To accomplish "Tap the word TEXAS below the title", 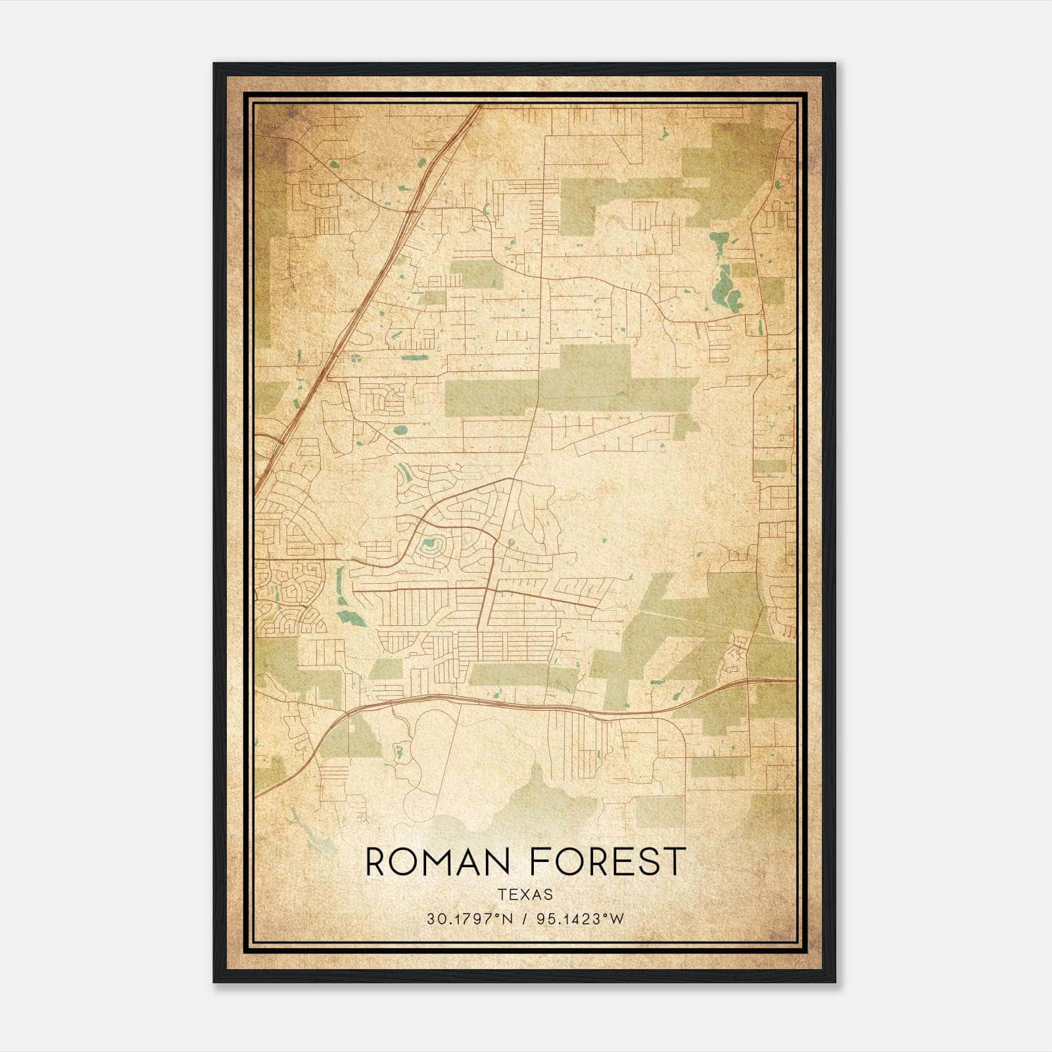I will click(x=525, y=895).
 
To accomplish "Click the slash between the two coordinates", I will click(x=525, y=919).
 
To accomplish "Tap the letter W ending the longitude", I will click(x=617, y=919).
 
